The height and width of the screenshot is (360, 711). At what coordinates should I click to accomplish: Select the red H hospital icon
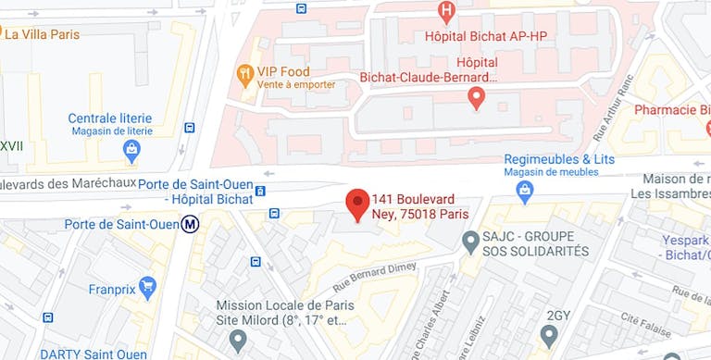pyautogui.click(x=447, y=12)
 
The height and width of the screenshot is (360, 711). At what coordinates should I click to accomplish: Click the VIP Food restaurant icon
pyautogui.click(x=244, y=72)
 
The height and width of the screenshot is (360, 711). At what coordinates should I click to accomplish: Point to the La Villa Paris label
pyautogui.click(x=42, y=34)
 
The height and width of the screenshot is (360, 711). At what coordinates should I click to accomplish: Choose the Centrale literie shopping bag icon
pyautogui.click(x=131, y=148)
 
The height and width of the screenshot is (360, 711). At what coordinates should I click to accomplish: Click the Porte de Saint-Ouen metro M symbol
pyautogui.click(x=191, y=223)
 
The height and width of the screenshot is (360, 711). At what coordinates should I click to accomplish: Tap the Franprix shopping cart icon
pyautogui.click(x=146, y=286)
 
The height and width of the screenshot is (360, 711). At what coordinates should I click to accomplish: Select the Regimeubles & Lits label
pyautogui.click(x=559, y=159)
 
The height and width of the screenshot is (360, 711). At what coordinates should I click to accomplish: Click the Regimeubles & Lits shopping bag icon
pyautogui.click(x=525, y=191)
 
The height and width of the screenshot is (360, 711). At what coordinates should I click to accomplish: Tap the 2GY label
pyautogui.click(x=558, y=316)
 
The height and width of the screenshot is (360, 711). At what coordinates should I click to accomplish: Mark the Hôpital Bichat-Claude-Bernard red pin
pyautogui.click(x=476, y=96)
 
